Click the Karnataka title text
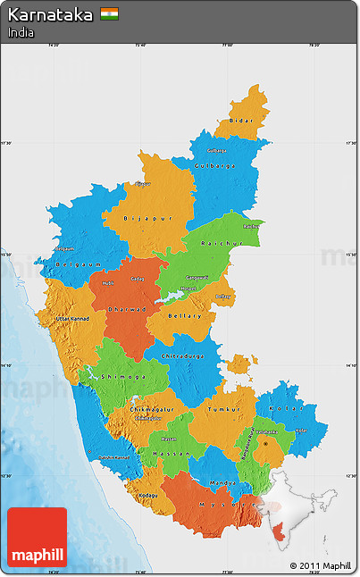(x=50, y=15)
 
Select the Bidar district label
(x=241, y=120)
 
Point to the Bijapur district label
(x=147, y=217)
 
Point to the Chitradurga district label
(x=183, y=356)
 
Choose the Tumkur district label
(x=224, y=409)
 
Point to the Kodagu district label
(x=147, y=496)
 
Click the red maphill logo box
(x=37, y=538)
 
